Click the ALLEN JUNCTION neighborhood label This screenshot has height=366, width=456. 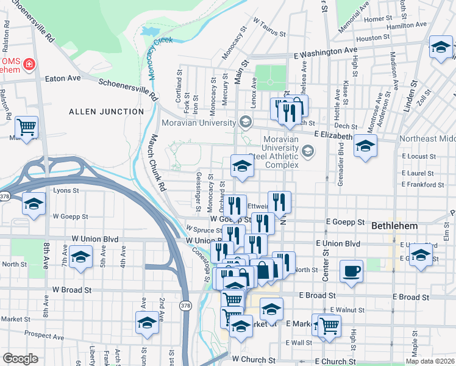(x=106, y=112)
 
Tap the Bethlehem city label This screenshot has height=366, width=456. (x=394, y=226)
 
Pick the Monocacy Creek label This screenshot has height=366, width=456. (x=157, y=57)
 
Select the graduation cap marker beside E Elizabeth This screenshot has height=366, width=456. (x=365, y=146)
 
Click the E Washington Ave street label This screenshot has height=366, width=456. (x=325, y=52)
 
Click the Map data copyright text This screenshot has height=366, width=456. (x=430, y=361)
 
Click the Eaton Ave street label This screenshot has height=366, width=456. (x=67, y=78)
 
